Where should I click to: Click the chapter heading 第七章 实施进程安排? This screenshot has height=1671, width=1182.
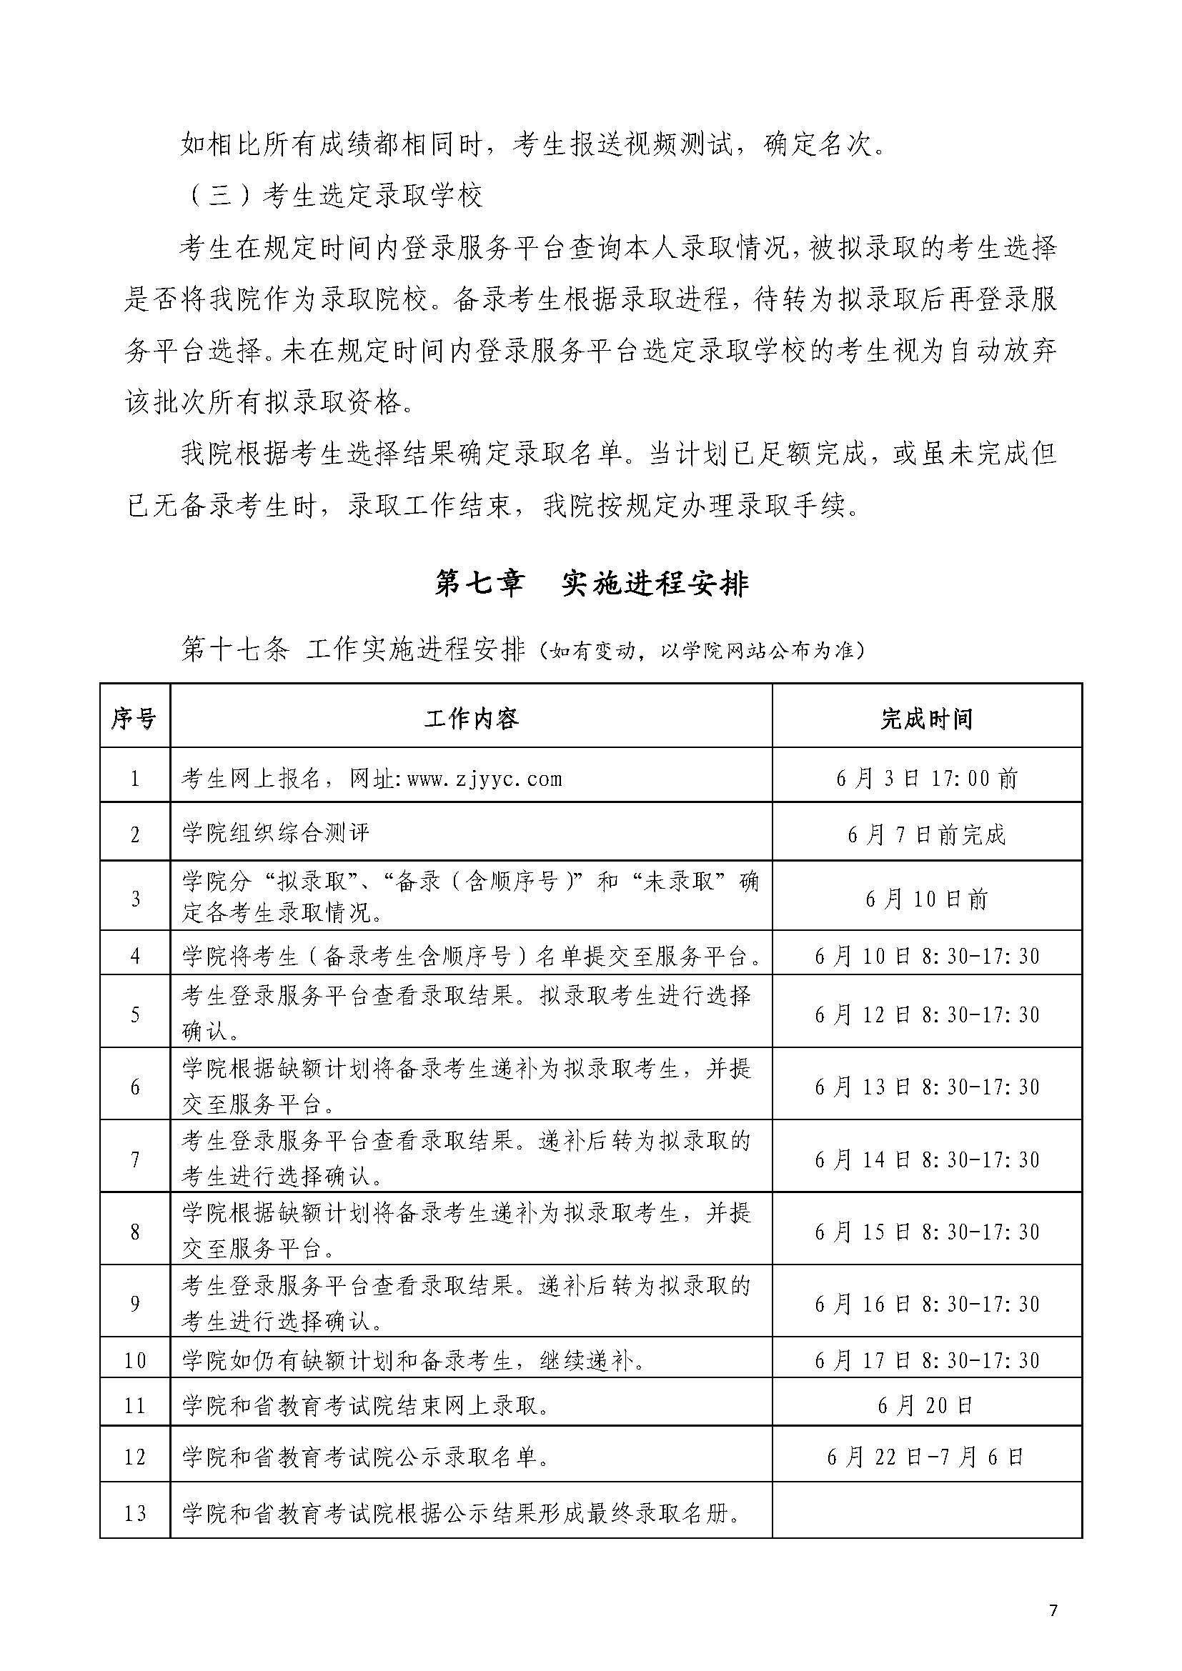pyautogui.click(x=591, y=584)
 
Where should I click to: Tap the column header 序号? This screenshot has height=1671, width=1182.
pyautogui.click(x=134, y=719)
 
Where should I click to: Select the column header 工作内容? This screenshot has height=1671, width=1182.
pyautogui.click(x=471, y=719)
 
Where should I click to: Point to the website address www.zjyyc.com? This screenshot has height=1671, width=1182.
pyautogui.click(x=485, y=779)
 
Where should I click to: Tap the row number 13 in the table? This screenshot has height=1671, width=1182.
pyautogui.click(x=134, y=1514)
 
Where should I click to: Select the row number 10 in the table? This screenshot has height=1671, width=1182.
pyautogui.click(x=134, y=1360)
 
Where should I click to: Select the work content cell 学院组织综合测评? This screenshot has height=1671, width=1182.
pyautogui.click(x=277, y=834)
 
